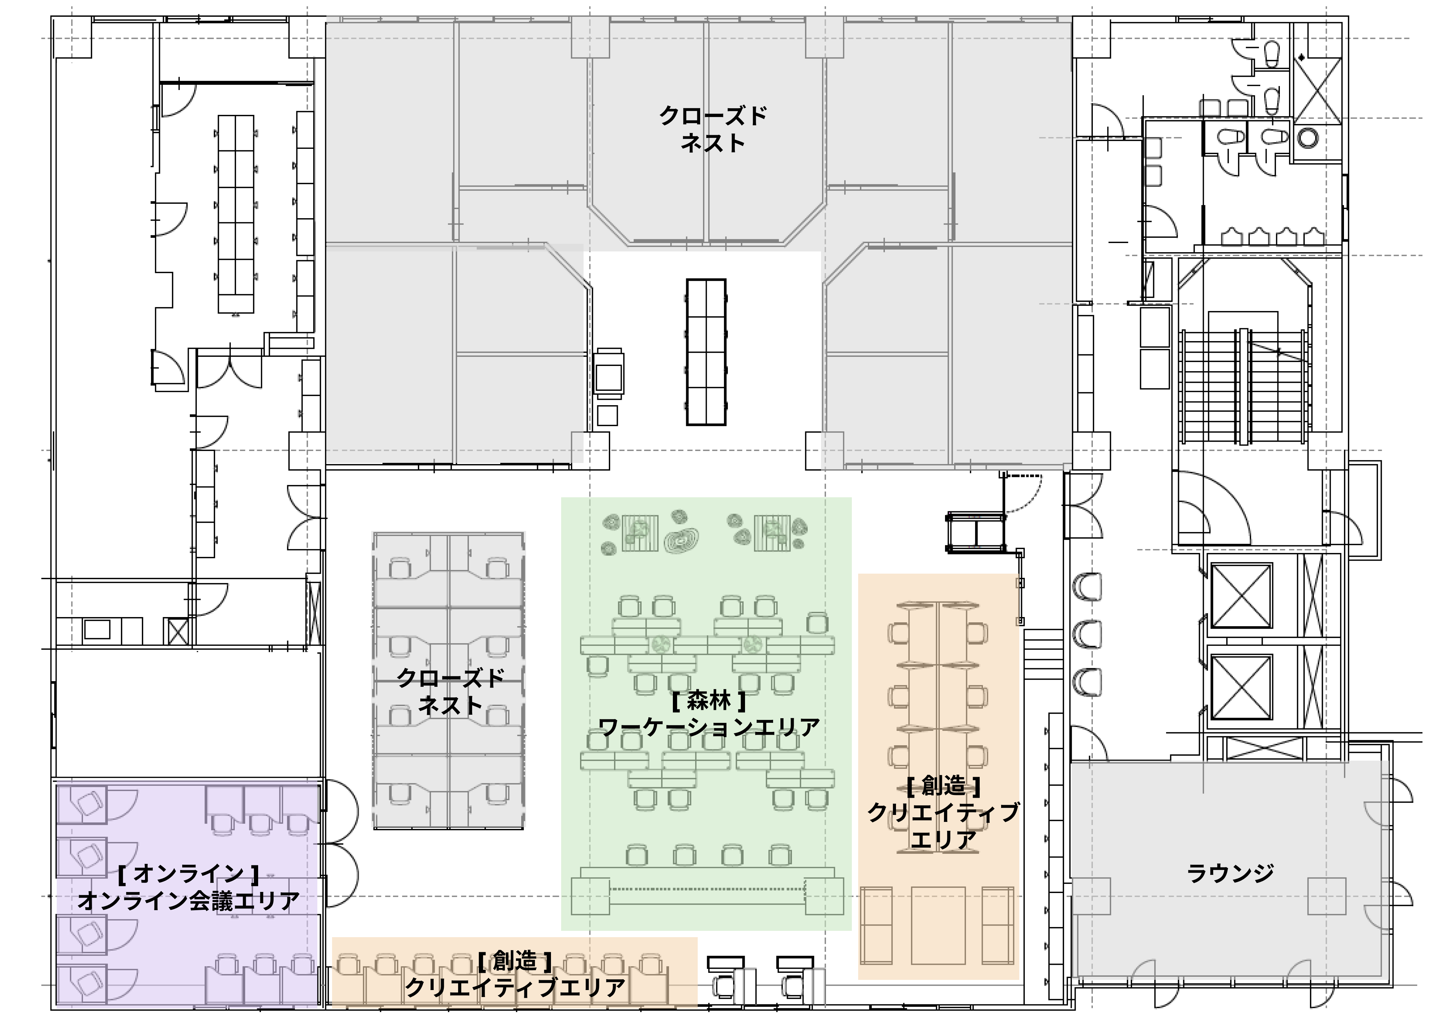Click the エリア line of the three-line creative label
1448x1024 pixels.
(944, 840)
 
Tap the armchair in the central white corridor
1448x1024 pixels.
(609, 372)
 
